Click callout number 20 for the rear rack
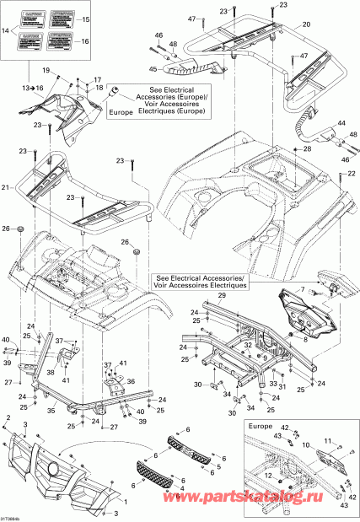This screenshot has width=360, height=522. [305, 24]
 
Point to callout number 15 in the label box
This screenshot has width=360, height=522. [83, 19]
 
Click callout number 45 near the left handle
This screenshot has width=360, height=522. [153, 70]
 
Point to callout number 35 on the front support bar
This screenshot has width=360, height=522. [51, 411]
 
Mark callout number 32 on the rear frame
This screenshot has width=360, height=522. [248, 345]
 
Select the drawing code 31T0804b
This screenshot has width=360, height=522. [13, 517]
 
